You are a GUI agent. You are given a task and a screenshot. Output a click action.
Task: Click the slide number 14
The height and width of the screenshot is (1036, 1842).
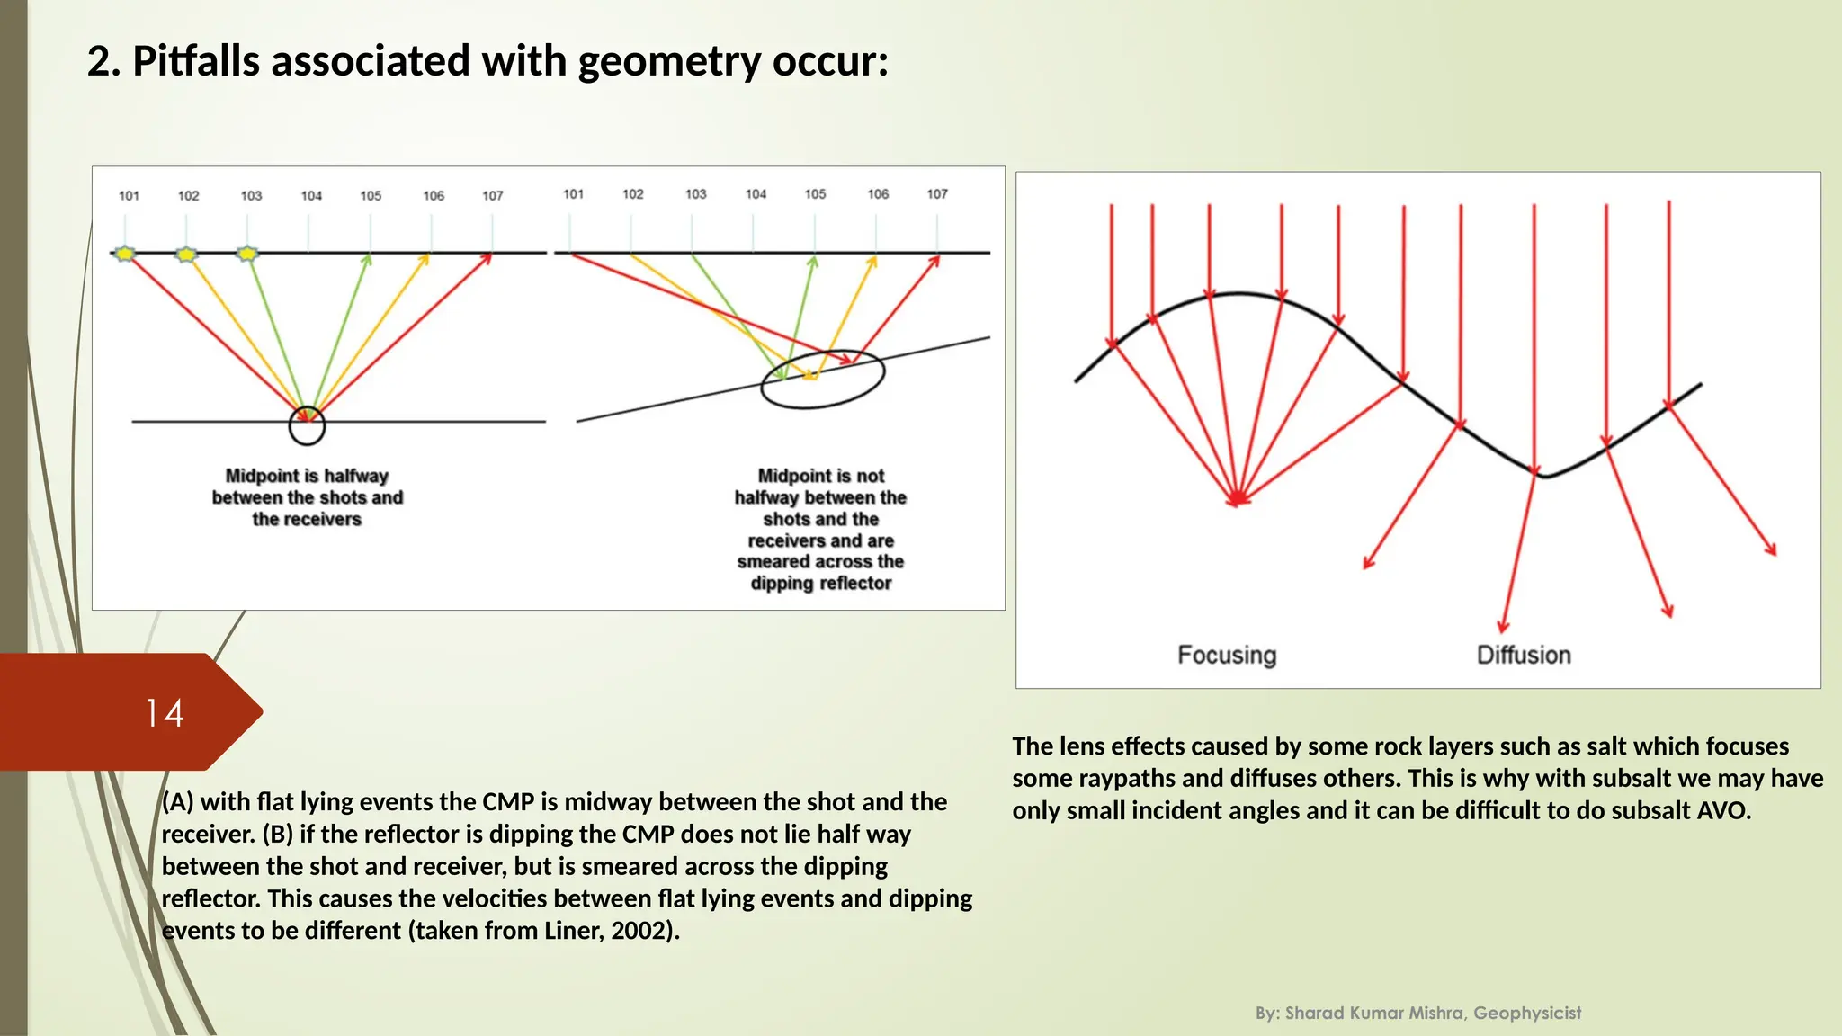[165, 713]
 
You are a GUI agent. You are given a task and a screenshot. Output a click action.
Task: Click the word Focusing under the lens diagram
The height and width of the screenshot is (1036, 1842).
[1227, 655]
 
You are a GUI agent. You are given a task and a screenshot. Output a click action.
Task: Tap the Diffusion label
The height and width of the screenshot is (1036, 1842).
[1524, 655]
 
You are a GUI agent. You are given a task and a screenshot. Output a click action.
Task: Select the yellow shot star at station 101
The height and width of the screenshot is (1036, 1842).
[125, 254]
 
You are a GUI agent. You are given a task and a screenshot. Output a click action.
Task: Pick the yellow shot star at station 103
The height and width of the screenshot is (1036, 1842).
[247, 254]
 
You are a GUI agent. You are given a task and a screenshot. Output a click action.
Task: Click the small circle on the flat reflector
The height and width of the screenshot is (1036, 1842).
[307, 426]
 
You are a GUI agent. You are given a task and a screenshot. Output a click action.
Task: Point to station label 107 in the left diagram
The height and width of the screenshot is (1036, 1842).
[493, 195]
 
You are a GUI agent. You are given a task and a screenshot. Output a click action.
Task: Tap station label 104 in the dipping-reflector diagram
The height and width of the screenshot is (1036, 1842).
[756, 193]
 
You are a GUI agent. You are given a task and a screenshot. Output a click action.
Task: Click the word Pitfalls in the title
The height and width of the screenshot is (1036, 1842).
[195, 62]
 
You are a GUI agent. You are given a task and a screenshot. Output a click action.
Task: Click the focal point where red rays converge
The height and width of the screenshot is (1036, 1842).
[1238, 497]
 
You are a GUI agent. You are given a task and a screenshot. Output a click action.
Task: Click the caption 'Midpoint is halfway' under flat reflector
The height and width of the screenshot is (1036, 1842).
[307, 476]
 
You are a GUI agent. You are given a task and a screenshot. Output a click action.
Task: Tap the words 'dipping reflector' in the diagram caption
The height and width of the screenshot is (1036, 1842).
[820, 583]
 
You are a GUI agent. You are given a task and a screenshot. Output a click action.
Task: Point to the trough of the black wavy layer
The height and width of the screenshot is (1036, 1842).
[1544, 475]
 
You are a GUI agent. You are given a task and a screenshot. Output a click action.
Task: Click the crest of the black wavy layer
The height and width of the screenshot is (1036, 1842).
[1239, 294]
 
